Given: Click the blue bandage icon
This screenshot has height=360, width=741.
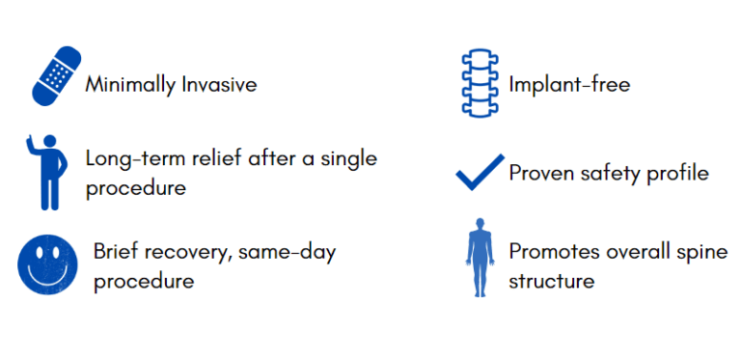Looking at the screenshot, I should coord(54,75).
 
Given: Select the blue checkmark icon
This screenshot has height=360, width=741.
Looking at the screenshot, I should coord(480,172).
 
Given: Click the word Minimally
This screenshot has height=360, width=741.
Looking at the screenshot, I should coord(130,85).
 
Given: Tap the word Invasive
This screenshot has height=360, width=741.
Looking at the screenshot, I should coord(219,85).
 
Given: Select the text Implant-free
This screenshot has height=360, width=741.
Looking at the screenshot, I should coord(569,85).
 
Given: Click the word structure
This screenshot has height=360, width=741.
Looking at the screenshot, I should coord(551,281).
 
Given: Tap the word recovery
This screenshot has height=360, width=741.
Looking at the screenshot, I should coord(189,253).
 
